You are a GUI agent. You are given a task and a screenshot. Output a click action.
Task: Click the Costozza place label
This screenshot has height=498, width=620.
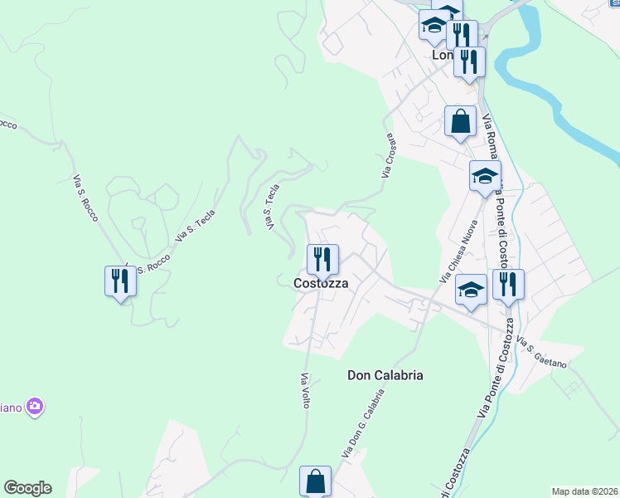(320, 283)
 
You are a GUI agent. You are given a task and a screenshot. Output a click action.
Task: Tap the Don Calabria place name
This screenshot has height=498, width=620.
(385, 375)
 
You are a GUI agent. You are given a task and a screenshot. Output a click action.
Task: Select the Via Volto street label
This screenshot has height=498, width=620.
(305, 389)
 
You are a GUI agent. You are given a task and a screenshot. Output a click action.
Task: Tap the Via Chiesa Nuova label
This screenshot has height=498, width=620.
(459, 248)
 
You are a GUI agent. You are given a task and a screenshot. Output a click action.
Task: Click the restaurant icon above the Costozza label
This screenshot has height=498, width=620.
(322, 260)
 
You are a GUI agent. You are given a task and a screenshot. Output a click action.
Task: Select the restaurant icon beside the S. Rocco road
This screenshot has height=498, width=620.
(120, 281)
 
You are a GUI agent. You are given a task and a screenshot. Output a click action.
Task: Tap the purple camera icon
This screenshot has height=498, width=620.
(35, 407)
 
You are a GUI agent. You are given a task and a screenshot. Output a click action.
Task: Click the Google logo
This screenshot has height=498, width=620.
(27, 488)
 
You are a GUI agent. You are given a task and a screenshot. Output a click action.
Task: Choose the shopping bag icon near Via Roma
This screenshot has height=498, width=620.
(460, 122)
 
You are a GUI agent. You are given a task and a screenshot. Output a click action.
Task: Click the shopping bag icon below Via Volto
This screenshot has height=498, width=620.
(315, 481)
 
